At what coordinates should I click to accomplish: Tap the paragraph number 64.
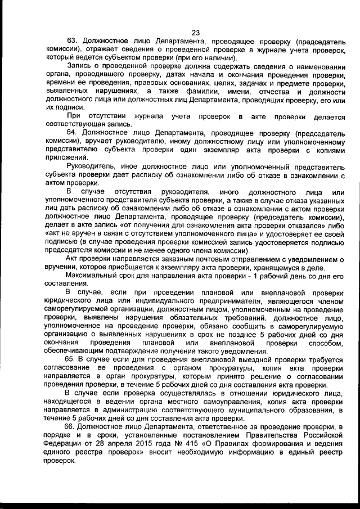pyautogui.click(x=72, y=133)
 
